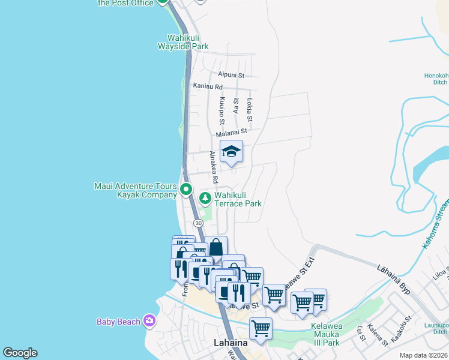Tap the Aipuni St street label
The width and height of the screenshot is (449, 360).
[x=231, y=75]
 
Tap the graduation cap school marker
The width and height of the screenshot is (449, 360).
[x=231, y=152]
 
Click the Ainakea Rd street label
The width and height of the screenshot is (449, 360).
[x=213, y=167]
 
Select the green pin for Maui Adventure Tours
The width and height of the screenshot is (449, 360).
[x=186, y=190]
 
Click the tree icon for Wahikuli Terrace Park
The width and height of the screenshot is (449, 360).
[x=205, y=197]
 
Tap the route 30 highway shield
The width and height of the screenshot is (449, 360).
[x=198, y=223]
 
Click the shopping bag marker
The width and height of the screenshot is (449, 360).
[x=216, y=247]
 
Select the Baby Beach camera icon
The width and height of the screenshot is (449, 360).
[x=149, y=321]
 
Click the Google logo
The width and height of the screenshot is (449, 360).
[x=20, y=353]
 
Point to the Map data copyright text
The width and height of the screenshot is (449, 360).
[x=424, y=355]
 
